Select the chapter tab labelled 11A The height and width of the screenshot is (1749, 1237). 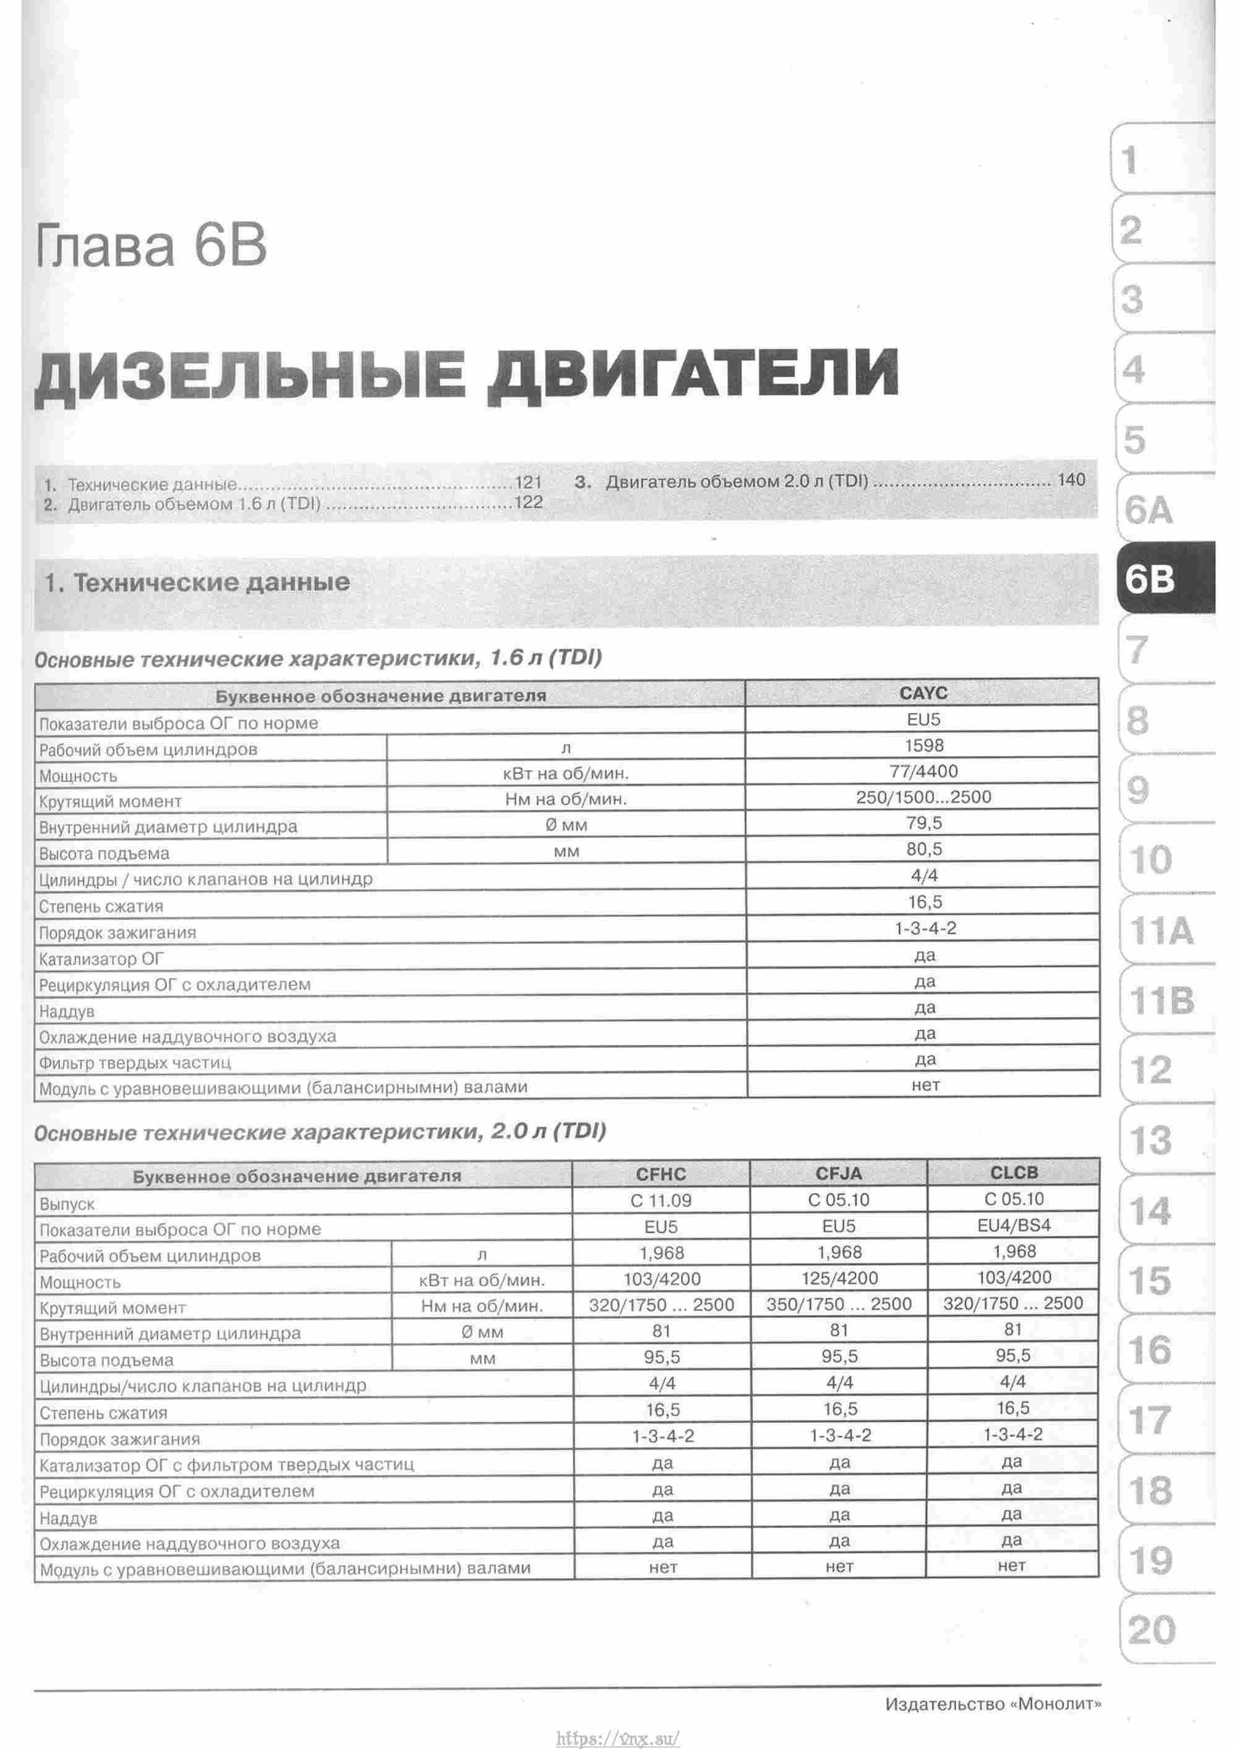point(1162,931)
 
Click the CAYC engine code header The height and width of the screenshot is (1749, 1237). point(923,693)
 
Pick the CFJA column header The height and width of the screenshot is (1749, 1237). point(839,1174)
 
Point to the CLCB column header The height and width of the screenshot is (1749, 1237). point(1014,1172)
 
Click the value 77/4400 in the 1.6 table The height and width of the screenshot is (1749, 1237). point(923,771)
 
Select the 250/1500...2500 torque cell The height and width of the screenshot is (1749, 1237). point(923,797)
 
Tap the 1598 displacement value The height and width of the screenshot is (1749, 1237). point(923,746)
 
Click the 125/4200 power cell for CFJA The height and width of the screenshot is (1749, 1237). point(839,1278)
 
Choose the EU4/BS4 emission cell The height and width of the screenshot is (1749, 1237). point(1014,1226)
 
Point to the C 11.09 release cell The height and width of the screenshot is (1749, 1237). point(661,1200)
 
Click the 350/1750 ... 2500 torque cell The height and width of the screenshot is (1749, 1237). point(839,1304)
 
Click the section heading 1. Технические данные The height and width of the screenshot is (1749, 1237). point(197,583)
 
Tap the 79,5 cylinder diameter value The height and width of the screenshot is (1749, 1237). point(924,823)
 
